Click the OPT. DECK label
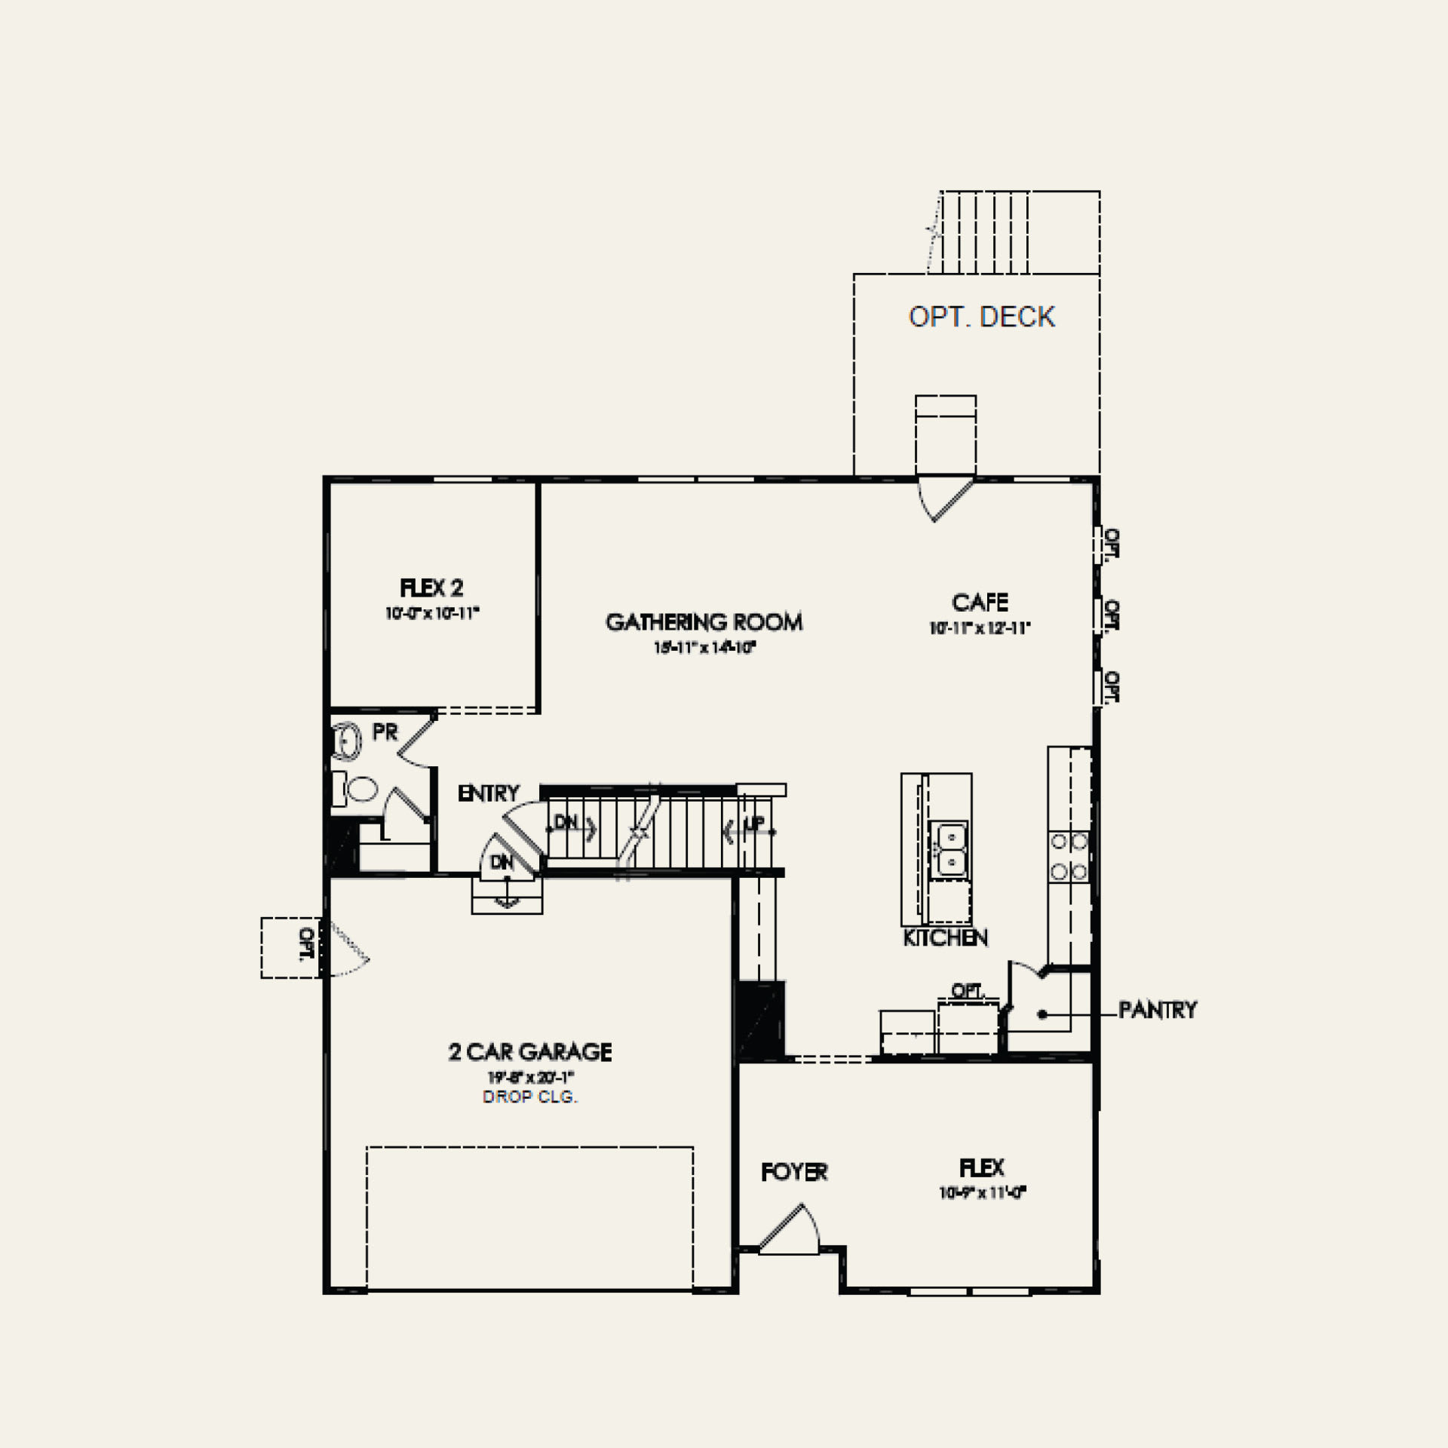981,318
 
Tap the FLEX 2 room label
431,587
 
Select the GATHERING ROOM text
704,622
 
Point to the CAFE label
980,603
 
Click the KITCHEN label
945,937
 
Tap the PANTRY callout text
1157,1010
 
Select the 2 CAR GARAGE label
530,1051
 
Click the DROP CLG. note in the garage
530,1097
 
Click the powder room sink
347,740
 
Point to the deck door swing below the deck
944,498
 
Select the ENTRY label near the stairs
489,793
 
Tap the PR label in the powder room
385,732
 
